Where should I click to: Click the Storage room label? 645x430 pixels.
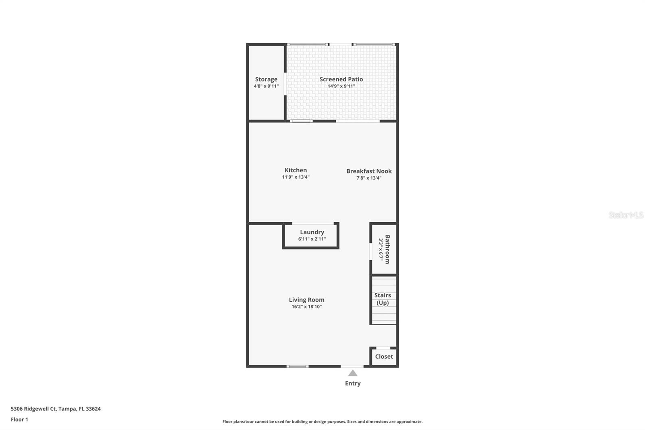[x=266, y=79]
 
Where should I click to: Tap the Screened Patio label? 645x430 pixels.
[x=341, y=79]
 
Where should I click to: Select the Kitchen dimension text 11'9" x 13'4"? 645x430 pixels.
[x=295, y=177]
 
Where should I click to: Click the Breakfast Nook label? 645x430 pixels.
[x=369, y=171]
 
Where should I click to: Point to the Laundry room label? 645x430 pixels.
[x=312, y=232]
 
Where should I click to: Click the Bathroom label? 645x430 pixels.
[x=387, y=249]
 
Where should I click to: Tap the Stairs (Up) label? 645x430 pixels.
[x=383, y=299]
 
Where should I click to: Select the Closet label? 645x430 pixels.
[x=384, y=357]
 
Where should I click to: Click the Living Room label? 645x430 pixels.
[x=306, y=300]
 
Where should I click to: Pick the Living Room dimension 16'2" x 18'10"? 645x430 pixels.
[x=306, y=307]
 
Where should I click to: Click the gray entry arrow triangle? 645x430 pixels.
[x=353, y=373]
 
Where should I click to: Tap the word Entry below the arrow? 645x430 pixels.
[x=353, y=384]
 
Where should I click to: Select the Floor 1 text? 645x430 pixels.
[x=19, y=420]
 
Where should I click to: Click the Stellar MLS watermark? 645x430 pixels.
[x=626, y=215]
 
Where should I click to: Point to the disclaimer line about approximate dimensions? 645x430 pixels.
[x=322, y=422]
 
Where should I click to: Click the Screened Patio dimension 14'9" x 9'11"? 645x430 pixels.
[x=341, y=86]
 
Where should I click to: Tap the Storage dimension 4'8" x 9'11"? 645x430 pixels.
[x=266, y=86]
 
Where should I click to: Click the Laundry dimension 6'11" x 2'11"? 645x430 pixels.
[x=312, y=239]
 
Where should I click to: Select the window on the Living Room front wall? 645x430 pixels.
[x=298, y=366]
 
